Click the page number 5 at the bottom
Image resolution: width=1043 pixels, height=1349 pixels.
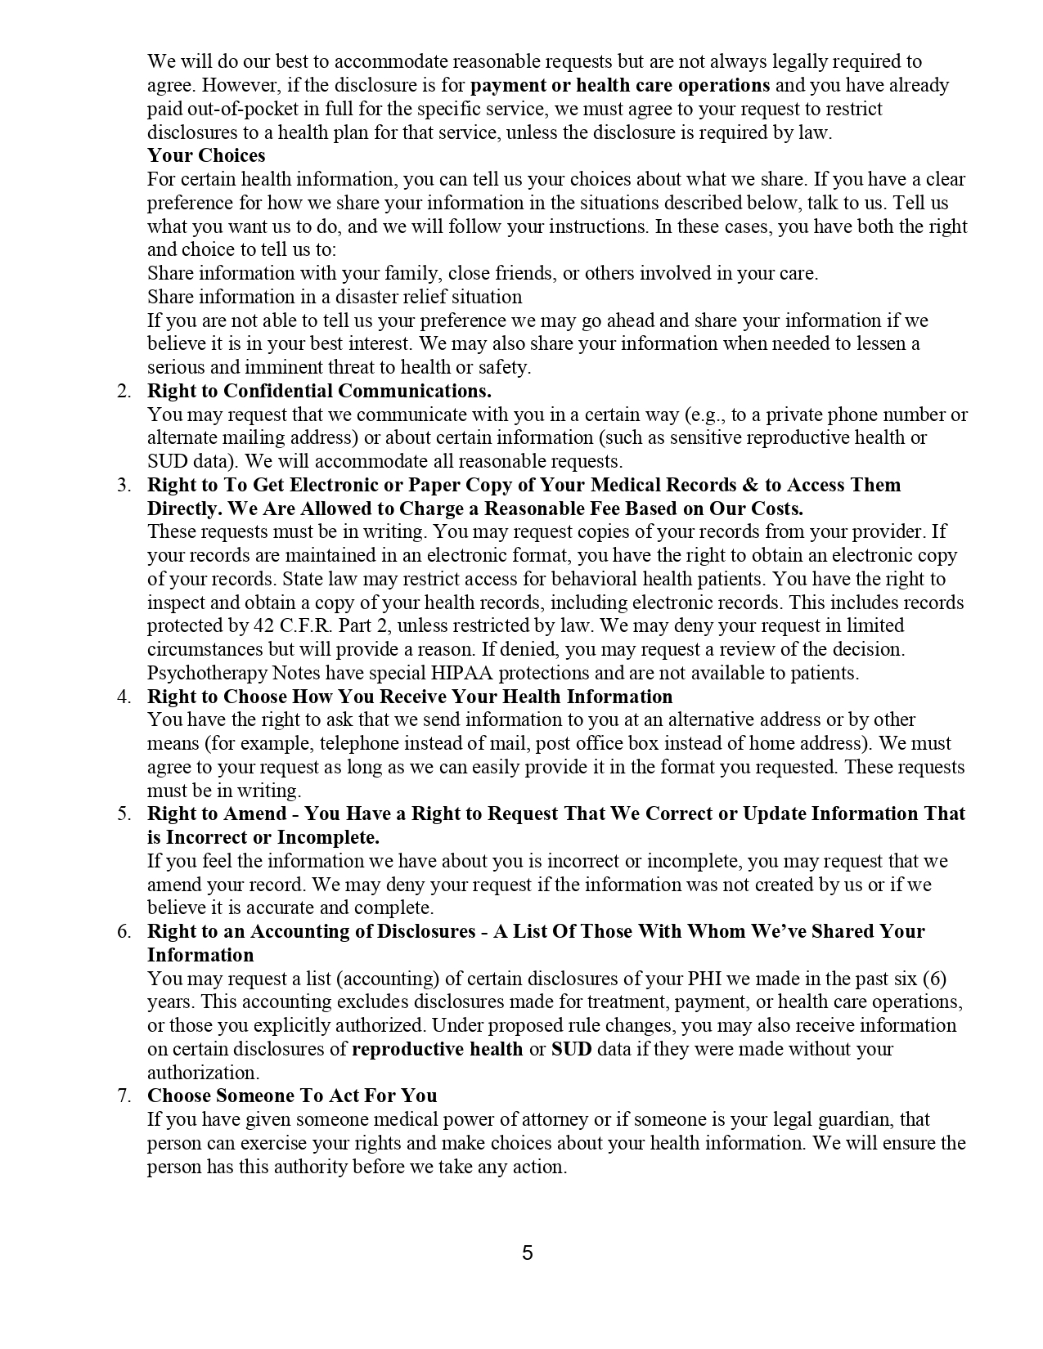[x=527, y=1253]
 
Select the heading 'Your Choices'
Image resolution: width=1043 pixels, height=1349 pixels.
[x=206, y=155]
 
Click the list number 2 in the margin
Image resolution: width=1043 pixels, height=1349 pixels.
[x=124, y=391]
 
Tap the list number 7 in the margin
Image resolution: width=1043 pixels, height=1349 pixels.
[x=124, y=1096]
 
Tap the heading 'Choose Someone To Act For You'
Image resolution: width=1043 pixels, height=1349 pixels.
[x=292, y=1096]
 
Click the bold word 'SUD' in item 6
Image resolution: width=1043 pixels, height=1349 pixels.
[x=571, y=1049]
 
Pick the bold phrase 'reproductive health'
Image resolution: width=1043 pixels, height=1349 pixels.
[x=437, y=1049]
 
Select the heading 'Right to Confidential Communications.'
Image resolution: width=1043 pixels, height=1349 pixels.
[x=319, y=391]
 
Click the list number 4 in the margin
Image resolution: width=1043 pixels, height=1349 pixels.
[x=124, y=697]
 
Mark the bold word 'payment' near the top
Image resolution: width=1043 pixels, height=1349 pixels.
[x=507, y=85]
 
